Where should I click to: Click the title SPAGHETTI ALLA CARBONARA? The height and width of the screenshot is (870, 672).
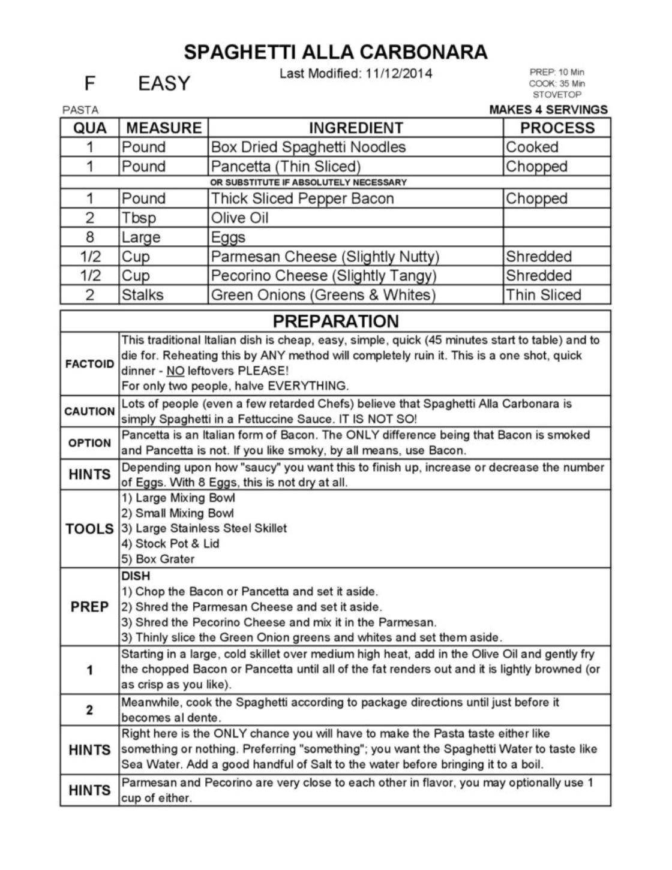click(x=335, y=52)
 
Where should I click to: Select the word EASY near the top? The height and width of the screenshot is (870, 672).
click(x=164, y=83)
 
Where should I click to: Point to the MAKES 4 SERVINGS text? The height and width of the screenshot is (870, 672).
click(x=548, y=110)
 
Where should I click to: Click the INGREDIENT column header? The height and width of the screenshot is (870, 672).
click(x=356, y=128)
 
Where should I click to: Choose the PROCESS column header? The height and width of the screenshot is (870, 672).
click(x=557, y=128)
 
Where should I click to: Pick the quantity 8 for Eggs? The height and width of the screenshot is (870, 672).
click(x=89, y=237)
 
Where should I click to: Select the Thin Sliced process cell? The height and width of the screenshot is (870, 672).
click(x=543, y=295)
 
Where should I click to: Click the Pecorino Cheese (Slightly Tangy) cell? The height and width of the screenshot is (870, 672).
click(x=323, y=276)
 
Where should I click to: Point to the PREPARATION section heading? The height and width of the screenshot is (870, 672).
click(x=335, y=321)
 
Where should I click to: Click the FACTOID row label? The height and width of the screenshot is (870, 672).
click(x=89, y=364)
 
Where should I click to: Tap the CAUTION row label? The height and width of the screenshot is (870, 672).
click(x=89, y=411)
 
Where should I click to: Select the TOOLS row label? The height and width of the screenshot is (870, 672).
click(x=89, y=529)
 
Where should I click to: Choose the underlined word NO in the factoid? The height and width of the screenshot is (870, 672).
click(x=175, y=371)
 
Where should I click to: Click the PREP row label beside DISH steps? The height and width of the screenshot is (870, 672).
click(x=89, y=607)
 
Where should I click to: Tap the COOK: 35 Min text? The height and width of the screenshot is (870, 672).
click(x=557, y=84)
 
